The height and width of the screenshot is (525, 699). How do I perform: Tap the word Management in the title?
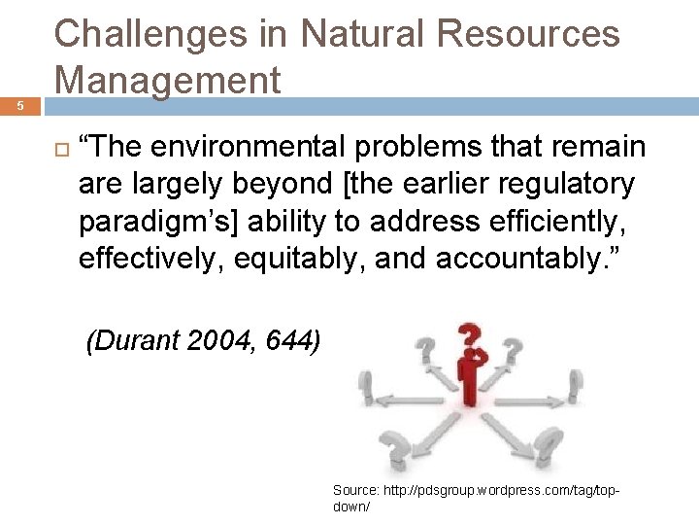click(x=168, y=79)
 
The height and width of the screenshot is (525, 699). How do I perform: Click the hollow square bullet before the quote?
click(x=59, y=148)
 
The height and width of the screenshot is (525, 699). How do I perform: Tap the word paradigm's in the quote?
click(x=155, y=222)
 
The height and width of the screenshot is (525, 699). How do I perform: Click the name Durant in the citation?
click(x=133, y=340)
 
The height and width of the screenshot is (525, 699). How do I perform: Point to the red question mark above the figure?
click(x=472, y=339)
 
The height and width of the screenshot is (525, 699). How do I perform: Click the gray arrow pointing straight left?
click(x=398, y=399)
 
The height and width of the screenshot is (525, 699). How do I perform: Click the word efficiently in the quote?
click(x=568, y=222)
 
